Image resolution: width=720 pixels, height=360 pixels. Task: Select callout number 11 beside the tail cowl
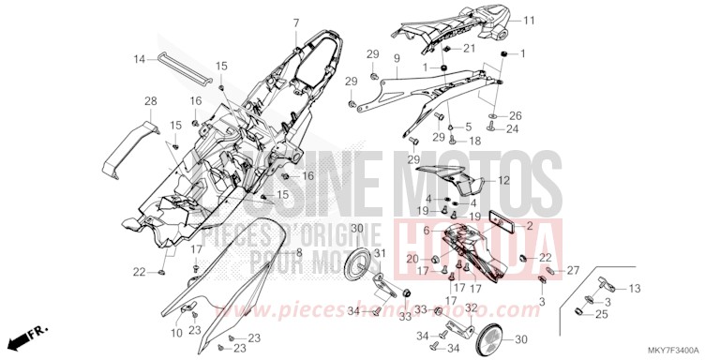(x=528, y=20)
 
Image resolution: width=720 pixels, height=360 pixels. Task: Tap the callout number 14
(x=140, y=60)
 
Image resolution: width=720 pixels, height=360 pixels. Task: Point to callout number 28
(x=149, y=101)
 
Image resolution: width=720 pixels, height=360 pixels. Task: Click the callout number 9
(x=397, y=58)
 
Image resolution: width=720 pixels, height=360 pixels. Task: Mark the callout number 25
(x=600, y=314)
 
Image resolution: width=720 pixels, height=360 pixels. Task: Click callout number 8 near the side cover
(x=298, y=253)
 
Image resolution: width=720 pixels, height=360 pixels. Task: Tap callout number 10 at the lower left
(x=177, y=333)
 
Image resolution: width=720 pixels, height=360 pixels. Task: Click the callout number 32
(x=471, y=307)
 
